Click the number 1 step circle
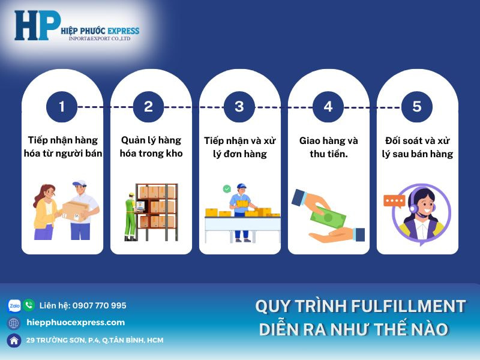pos(62,107)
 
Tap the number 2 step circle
pos(149,107)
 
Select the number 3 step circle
pos(239,107)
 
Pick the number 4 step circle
pos(328,107)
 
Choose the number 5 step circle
pos(416,107)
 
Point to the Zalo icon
pos(14,305)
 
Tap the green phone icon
pos(29,305)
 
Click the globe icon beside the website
pos(14,323)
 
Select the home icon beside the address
pos(14,340)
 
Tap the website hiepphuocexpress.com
pos(76,323)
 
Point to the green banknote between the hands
pos(330,215)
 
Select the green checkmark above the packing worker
pos(227,188)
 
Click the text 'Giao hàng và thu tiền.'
pos(328,147)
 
